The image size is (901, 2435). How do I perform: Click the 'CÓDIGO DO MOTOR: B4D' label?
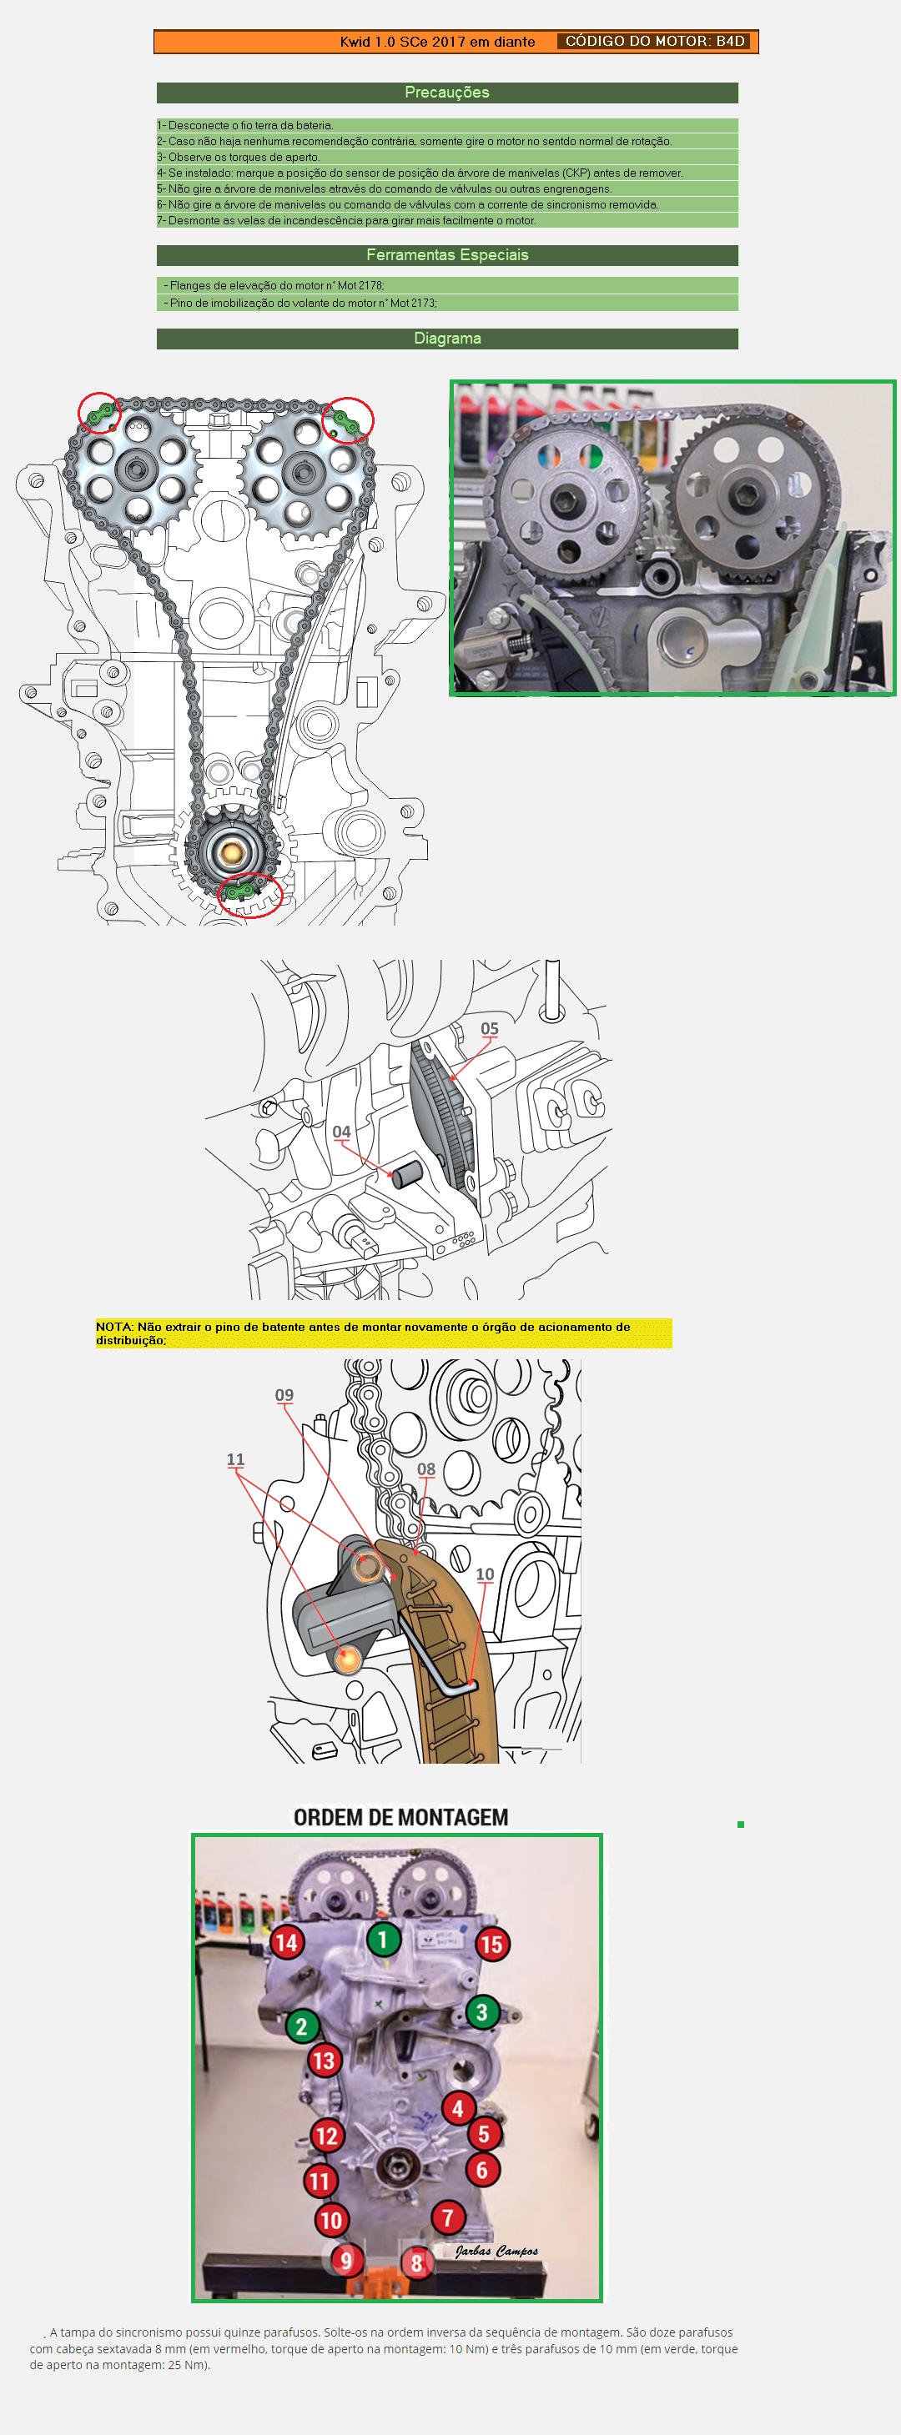[x=655, y=42]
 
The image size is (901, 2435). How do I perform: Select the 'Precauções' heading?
[x=447, y=93]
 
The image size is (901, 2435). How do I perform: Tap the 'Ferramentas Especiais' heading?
[x=447, y=255]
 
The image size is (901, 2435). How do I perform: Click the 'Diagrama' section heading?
[x=447, y=339]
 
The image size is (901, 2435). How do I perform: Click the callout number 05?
[x=489, y=1028]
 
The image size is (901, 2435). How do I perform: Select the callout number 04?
[x=341, y=1132]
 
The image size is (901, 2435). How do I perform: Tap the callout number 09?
[x=284, y=1395]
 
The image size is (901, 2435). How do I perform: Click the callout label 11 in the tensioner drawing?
[x=235, y=1459]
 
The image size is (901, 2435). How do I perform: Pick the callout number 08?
[x=426, y=1469]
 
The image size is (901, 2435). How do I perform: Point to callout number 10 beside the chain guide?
[x=485, y=1574]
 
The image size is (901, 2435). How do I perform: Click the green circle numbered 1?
[x=383, y=1940]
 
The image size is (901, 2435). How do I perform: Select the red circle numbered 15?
[x=491, y=1945]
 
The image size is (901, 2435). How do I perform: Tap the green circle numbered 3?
[x=482, y=2011]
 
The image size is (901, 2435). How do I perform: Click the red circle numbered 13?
[x=325, y=2061]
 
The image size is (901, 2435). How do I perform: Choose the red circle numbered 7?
[x=448, y=2217]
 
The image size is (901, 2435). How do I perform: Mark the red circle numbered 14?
[x=286, y=1942]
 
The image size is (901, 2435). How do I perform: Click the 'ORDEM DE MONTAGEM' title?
[x=401, y=1817]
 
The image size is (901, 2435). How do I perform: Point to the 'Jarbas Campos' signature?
[x=496, y=2251]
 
